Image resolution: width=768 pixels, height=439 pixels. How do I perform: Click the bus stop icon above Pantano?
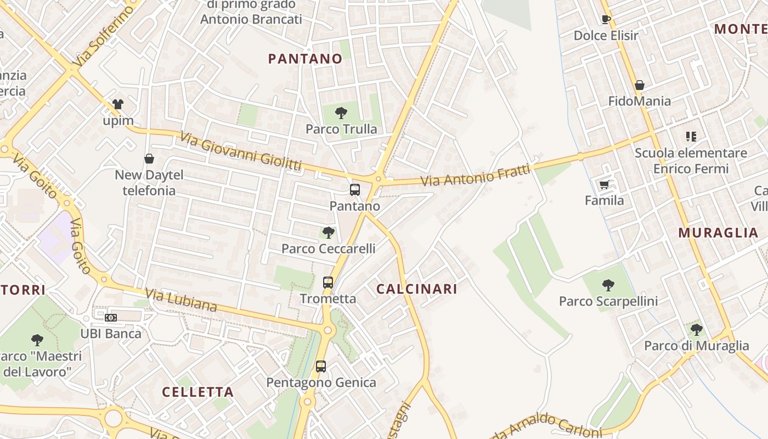click(355, 190)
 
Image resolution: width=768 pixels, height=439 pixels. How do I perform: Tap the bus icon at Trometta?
click(328, 283)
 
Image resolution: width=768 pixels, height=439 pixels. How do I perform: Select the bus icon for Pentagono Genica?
click(321, 367)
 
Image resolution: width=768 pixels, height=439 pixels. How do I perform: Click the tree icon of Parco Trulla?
click(341, 114)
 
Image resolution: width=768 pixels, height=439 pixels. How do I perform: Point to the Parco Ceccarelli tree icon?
click(329, 233)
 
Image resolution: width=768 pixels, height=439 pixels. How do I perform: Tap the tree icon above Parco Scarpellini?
click(608, 285)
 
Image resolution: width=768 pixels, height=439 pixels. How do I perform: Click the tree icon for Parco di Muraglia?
click(696, 330)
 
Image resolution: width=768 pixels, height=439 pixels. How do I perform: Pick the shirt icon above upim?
click(118, 104)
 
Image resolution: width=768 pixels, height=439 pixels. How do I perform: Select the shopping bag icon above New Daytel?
click(149, 159)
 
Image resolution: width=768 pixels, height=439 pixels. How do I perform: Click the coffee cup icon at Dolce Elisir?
click(606, 20)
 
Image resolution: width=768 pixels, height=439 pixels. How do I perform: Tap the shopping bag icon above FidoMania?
click(639, 86)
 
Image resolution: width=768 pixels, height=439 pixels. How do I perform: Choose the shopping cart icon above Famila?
click(604, 185)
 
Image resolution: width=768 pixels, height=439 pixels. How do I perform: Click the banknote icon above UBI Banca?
click(111, 318)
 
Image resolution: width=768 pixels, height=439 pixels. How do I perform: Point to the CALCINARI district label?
click(416, 289)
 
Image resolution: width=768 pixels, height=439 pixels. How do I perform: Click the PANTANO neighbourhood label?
click(305, 59)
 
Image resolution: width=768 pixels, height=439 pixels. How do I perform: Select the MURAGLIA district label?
click(718, 233)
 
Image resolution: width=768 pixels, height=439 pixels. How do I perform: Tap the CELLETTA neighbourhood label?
click(198, 392)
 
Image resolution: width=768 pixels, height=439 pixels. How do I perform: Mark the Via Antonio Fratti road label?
click(476, 175)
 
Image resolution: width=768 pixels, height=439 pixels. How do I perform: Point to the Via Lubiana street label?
click(182, 301)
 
